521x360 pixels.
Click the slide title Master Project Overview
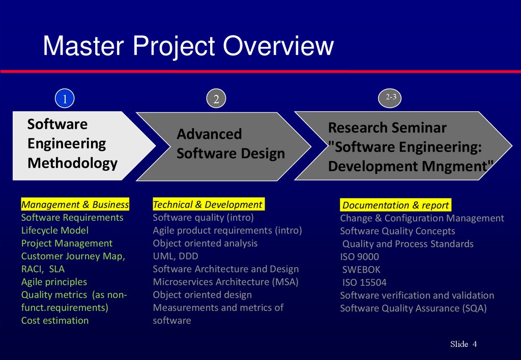pyautogui.click(x=188, y=46)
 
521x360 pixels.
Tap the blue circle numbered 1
pyautogui.click(x=65, y=99)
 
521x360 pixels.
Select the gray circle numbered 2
pyautogui.click(x=216, y=99)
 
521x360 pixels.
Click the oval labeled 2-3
pyautogui.click(x=390, y=98)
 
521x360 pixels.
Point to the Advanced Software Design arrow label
pyautogui.click(x=230, y=144)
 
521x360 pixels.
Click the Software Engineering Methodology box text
pyautogui.click(x=72, y=144)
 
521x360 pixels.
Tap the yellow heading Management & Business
pyautogui.click(x=75, y=204)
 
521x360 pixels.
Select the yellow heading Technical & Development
pyautogui.click(x=208, y=204)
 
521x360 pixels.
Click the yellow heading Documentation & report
pyautogui.click(x=395, y=205)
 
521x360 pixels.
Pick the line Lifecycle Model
pyautogui.click(x=55, y=230)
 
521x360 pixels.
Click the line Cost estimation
pyautogui.click(x=55, y=320)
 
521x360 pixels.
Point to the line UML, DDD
pyautogui.click(x=176, y=256)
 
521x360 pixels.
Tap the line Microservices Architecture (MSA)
pyautogui.click(x=225, y=282)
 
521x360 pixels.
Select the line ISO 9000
pyautogui.click(x=359, y=257)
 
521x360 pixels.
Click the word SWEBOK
pyautogui.click(x=361, y=269)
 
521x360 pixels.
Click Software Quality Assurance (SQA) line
pyautogui.click(x=413, y=308)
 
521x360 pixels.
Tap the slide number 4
pyautogui.click(x=475, y=344)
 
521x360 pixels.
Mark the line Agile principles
pyautogui.click(x=54, y=282)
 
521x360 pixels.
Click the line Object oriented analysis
pyautogui.click(x=205, y=243)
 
